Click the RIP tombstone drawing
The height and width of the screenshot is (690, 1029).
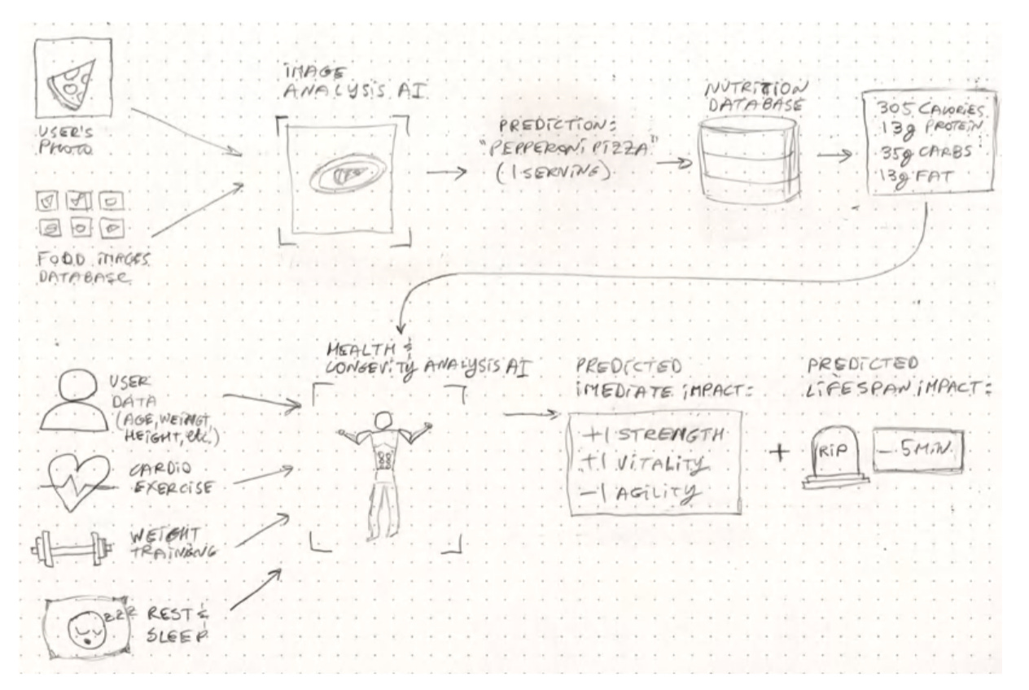[x=834, y=460]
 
